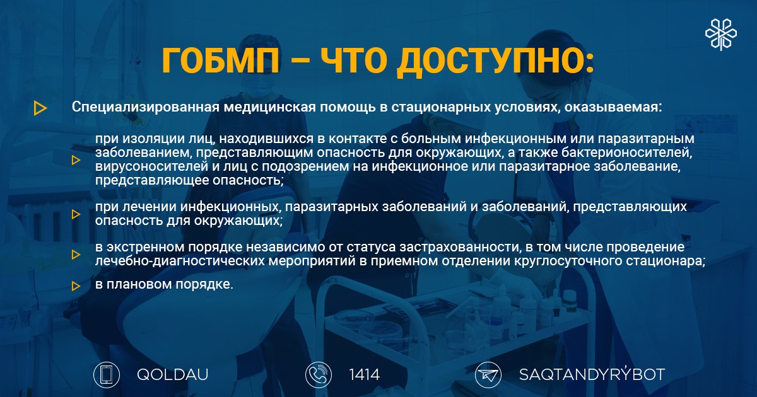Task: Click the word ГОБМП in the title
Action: pyautogui.click(x=221, y=60)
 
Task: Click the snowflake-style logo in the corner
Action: pyautogui.click(x=721, y=35)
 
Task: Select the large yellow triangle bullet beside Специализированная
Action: pyautogui.click(x=40, y=108)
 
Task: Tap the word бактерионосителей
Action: pyautogui.click(x=626, y=152)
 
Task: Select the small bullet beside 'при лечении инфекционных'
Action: pyautogui.click(x=76, y=214)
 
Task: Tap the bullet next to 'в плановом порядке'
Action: pyautogui.click(x=76, y=286)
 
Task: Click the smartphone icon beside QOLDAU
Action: pyautogui.click(x=107, y=375)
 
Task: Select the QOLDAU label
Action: pyautogui.click(x=173, y=375)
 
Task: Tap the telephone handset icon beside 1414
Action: pyautogui.click(x=319, y=375)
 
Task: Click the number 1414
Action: pyautogui.click(x=365, y=375)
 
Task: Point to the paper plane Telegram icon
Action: pyautogui.click(x=488, y=375)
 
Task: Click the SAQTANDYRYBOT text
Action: pyautogui.click(x=592, y=374)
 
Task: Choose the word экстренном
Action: pyautogui.click(x=146, y=248)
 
